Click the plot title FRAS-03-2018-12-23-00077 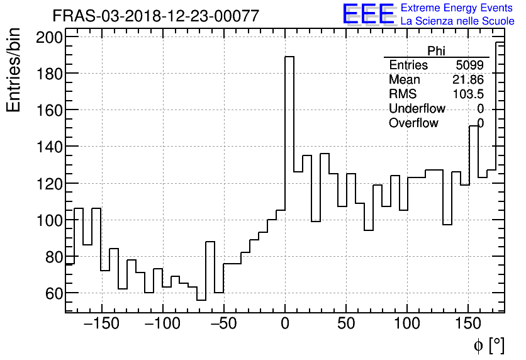(155, 16)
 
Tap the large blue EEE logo (368, 14)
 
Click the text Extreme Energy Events (457, 8)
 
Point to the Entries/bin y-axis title (14, 70)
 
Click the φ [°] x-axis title (488, 346)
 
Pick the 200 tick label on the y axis (49, 37)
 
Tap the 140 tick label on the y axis (49, 147)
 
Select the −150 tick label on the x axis (101, 325)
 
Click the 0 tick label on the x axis (285, 325)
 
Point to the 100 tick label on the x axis (407, 325)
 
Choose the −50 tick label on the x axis (223, 325)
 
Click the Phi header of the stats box (437, 51)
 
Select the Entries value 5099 (470, 65)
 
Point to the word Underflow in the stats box (417, 109)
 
